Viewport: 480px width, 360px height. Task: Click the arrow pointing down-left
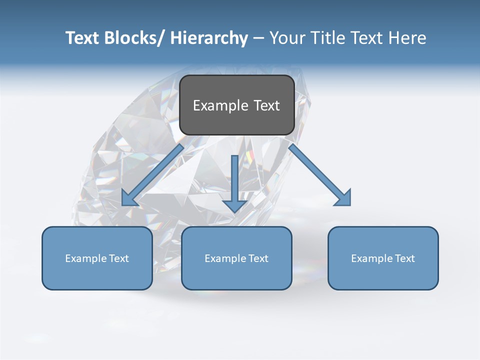click(x=152, y=175)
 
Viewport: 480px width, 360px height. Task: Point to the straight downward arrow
click(x=234, y=183)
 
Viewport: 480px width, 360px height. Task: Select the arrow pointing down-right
click(x=320, y=175)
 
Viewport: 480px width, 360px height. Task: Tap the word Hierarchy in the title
click(x=209, y=38)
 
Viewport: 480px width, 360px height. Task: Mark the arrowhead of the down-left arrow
click(x=128, y=198)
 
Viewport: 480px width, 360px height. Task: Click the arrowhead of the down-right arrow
click(x=343, y=198)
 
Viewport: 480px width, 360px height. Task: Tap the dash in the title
click(x=258, y=38)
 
